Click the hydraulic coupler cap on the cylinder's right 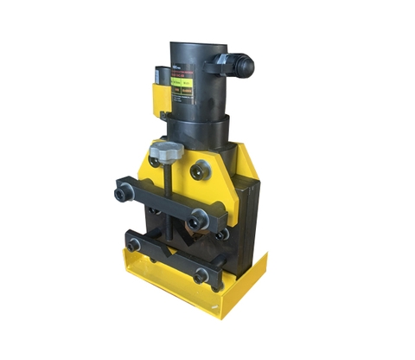point(243,63)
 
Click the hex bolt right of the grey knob point(202,167)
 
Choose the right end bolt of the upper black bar point(201,219)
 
